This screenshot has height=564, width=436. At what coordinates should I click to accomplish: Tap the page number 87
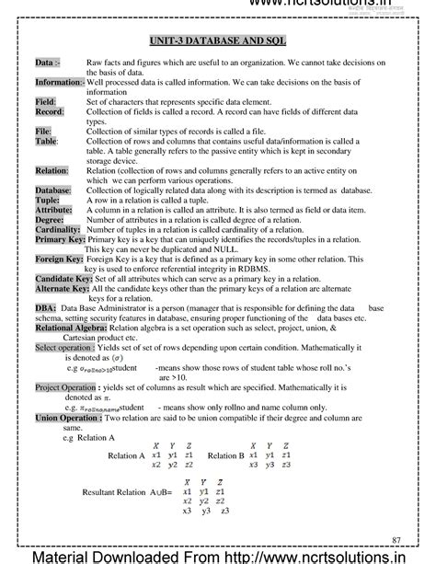tap(396, 538)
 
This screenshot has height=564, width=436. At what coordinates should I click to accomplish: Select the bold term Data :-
tap(47, 63)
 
